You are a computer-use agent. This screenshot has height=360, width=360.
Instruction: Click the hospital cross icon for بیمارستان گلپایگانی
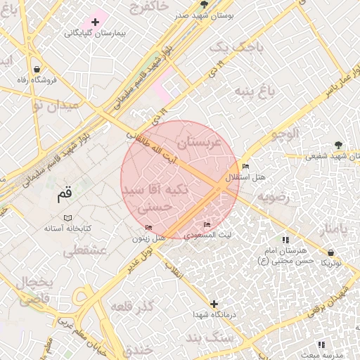point(95,22)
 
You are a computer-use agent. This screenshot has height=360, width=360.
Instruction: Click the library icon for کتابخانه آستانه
point(67,218)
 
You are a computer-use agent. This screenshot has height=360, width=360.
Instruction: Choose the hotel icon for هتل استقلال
point(245,167)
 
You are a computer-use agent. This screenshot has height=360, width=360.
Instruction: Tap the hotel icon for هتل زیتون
point(148,227)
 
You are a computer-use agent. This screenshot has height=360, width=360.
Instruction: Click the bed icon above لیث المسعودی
point(205,224)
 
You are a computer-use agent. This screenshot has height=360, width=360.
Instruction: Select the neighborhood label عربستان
point(199,143)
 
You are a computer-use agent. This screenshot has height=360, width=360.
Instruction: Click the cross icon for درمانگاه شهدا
point(214,304)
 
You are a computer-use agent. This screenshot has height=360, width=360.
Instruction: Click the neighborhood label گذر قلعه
point(131,308)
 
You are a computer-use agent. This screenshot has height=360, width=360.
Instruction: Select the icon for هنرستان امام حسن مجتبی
point(285,240)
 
